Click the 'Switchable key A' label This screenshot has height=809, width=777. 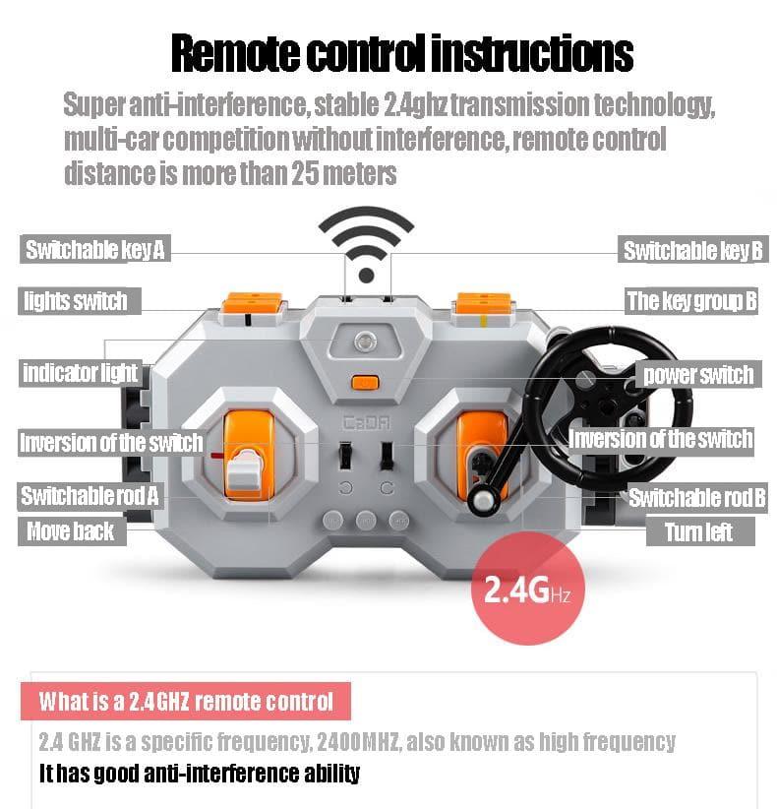tap(94, 249)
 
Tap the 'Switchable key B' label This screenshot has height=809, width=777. tap(692, 250)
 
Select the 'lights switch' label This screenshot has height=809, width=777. tap(80, 301)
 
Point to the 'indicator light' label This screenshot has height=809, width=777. tap(81, 372)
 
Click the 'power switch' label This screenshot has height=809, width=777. tap(698, 374)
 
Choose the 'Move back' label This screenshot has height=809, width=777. tap(72, 531)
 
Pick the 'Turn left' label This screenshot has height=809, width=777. tap(699, 531)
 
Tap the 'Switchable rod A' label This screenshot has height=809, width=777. tap(90, 495)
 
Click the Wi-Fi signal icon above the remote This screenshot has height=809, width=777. tap(366, 244)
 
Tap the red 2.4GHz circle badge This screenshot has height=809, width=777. tap(527, 589)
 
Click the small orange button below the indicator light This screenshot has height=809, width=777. tap(365, 383)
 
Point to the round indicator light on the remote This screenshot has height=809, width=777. tap(366, 342)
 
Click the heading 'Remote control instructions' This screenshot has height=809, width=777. tap(402, 53)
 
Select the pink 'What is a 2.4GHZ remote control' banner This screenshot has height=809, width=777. tap(186, 701)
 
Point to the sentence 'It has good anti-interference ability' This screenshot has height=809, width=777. tap(200, 773)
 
